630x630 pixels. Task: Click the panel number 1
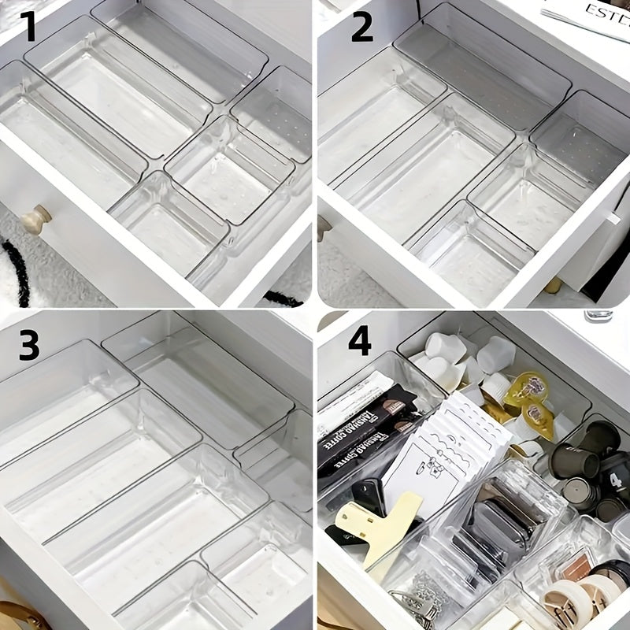coord(28,28)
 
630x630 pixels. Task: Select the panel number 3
coord(29,345)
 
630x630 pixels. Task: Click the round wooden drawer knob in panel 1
coord(36,219)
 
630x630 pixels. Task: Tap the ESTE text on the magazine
coord(605,13)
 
